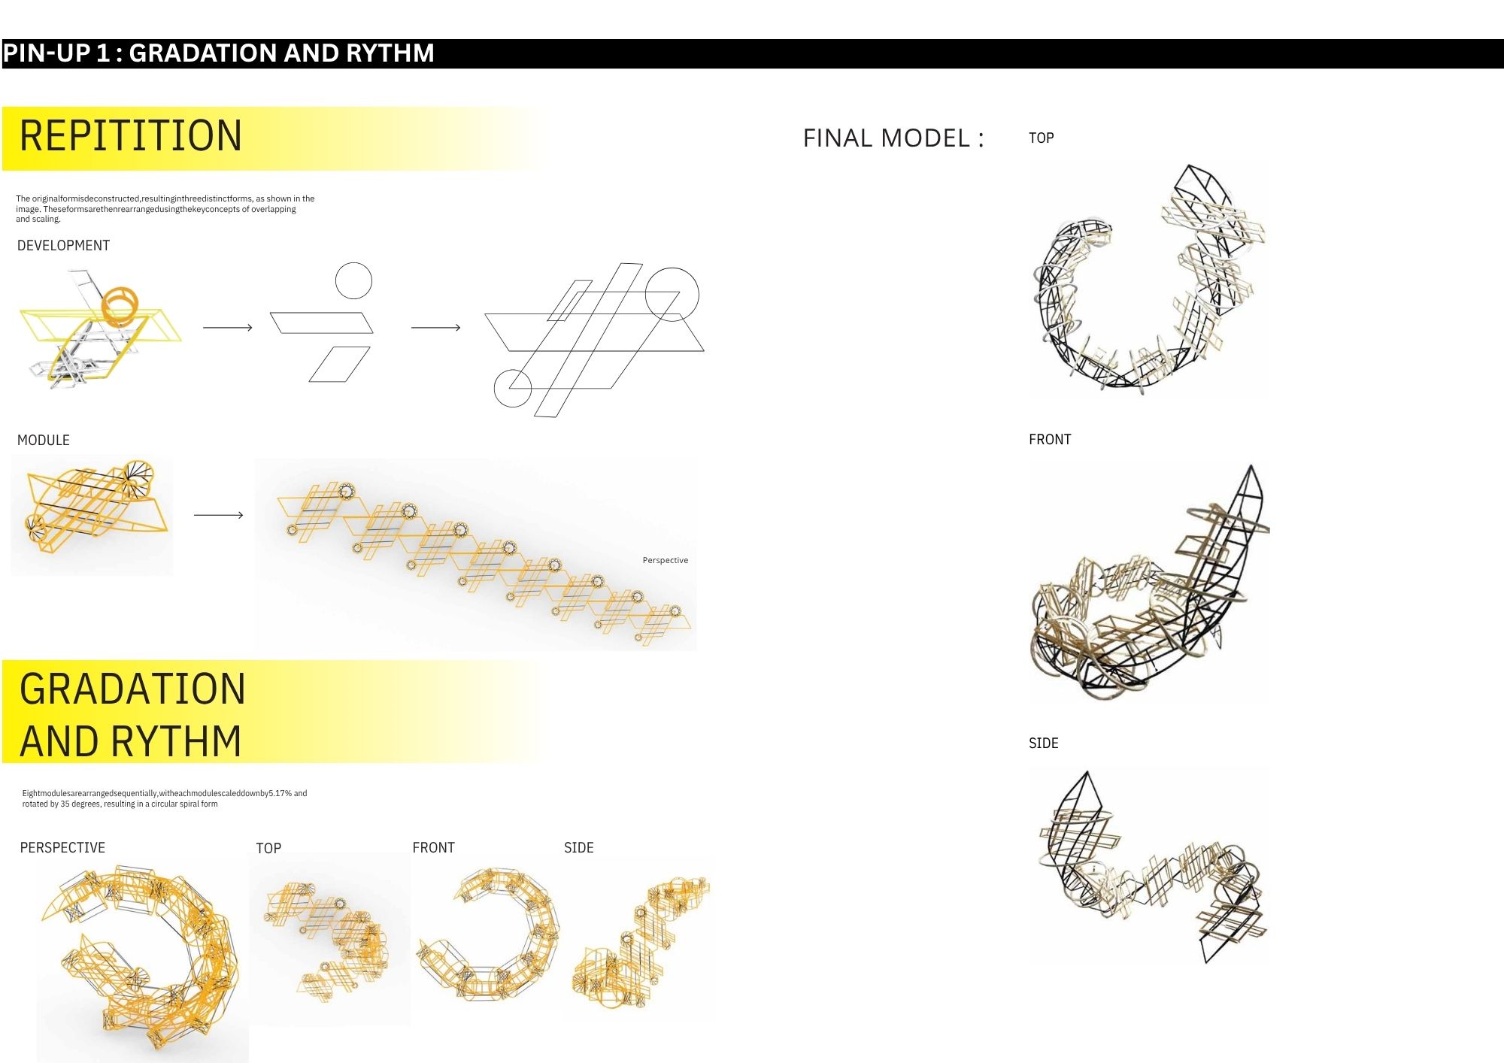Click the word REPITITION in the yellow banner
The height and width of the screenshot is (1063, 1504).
(131, 136)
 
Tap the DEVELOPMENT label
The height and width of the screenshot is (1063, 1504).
(63, 246)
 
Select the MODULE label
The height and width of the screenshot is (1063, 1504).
(44, 441)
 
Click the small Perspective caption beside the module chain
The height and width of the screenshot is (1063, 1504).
(666, 560)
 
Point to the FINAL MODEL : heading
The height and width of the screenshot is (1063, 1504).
(893, 138)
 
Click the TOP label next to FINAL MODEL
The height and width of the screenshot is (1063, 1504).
(1042, 138)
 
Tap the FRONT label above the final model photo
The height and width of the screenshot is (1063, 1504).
(1050, 440)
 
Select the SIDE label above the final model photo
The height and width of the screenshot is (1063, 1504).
(1044, 743)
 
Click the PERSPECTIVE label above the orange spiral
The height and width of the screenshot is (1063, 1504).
(62, 848)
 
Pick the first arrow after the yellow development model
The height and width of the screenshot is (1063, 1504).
(228, 328)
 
